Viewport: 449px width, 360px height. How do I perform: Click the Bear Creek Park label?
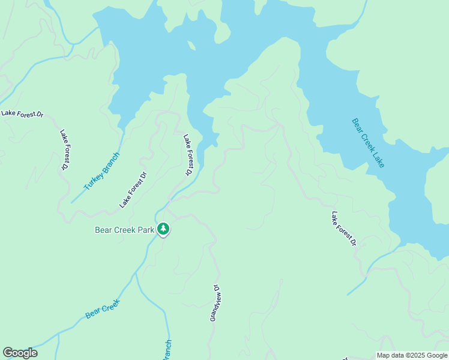point(124,229)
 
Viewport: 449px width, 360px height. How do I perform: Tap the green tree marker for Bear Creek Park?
point(163,229)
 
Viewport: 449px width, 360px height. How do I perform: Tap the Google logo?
point(20,353)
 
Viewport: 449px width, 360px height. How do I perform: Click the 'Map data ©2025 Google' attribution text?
point(412,355)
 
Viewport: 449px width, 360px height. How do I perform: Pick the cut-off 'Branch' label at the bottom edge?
point(167,350)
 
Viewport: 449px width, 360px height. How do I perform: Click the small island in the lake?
point(191,46)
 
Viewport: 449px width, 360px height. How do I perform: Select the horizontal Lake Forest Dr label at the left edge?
point(22,113)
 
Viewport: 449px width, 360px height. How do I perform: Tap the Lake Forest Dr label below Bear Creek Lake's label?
point(344,228)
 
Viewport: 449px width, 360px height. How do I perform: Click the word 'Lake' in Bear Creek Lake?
point(377,159)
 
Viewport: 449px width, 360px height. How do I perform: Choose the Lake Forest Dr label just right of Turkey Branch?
point(133,190)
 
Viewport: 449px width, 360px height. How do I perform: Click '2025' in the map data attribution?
point(415,355)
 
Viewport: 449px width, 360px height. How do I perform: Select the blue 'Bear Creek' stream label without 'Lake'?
point(103,308)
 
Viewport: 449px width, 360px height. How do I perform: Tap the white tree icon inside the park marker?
point(163,228)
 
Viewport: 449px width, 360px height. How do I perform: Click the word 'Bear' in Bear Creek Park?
point(104,229)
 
